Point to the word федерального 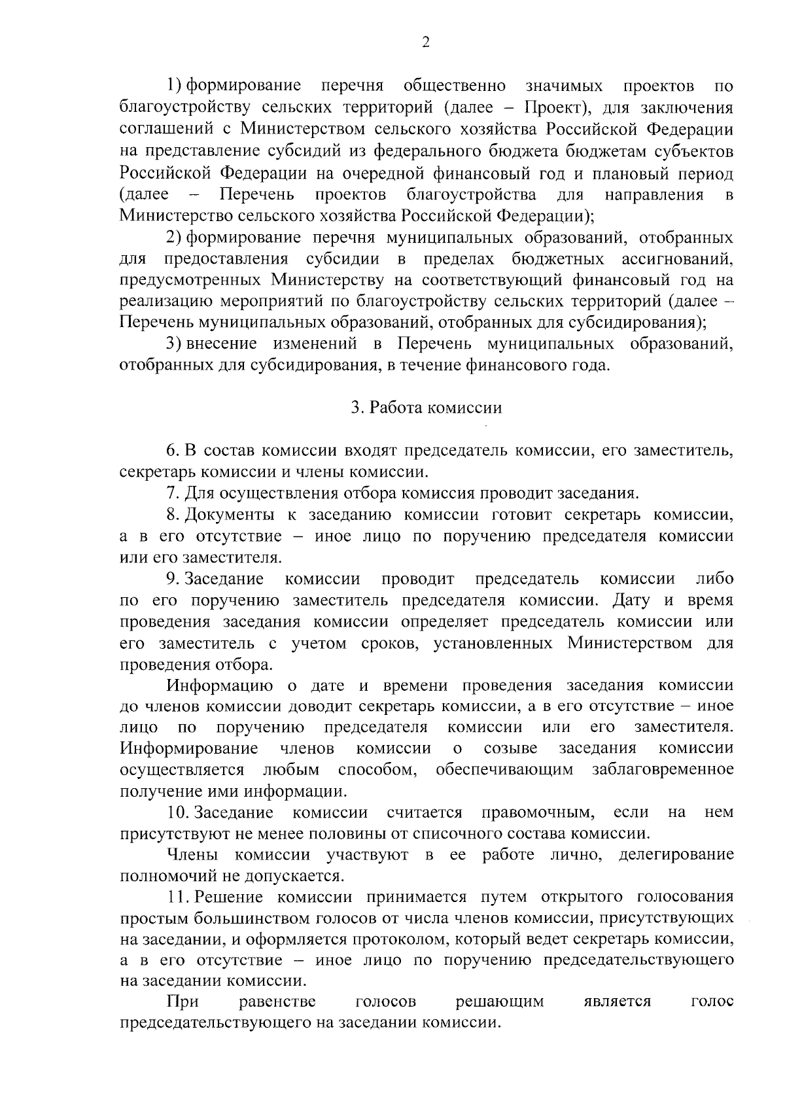(428, 151)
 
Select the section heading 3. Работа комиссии (426, 408)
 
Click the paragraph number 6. (173, 451)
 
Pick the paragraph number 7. (173, 493)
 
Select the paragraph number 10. (178, 812)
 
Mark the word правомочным (538, 812)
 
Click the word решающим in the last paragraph (499, 1002)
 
